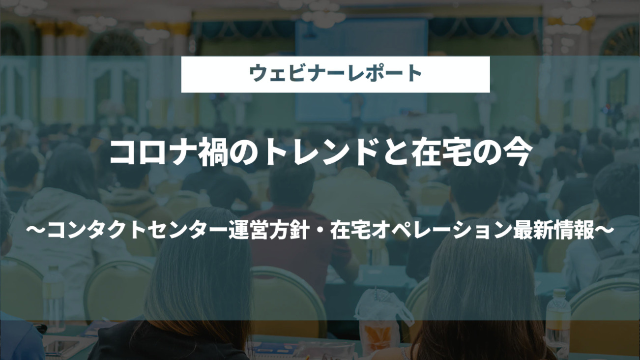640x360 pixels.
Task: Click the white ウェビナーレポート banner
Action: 335,74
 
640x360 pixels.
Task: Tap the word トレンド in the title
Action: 321,153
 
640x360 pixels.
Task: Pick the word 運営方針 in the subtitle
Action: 269,231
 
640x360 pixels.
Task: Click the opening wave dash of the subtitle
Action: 36,231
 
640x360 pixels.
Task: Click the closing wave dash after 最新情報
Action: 605,231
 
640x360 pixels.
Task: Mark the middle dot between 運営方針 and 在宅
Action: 320,231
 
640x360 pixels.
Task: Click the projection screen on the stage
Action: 361,70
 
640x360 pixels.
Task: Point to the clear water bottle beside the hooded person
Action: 54,298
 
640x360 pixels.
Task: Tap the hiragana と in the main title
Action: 395,153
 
